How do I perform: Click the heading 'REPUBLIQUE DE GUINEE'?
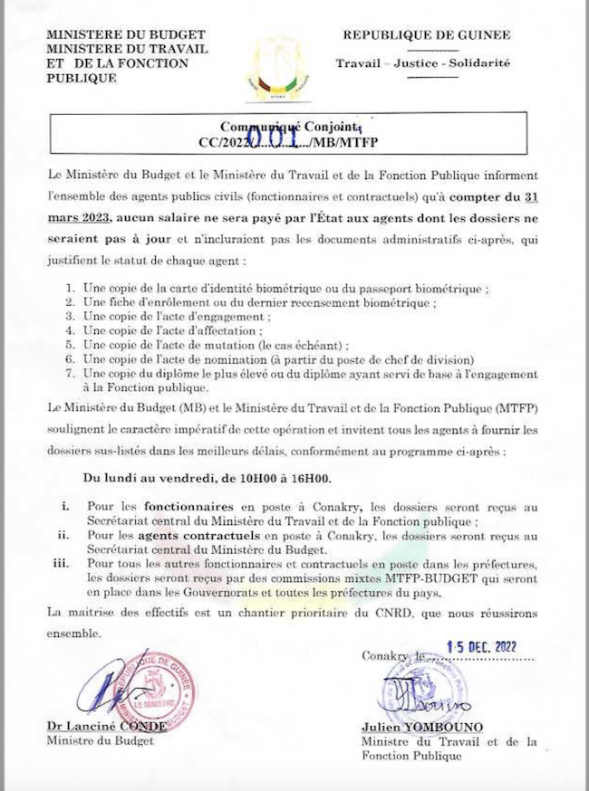click(426, 35)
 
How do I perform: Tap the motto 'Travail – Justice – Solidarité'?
click(422, 63)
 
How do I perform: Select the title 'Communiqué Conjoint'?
click(292, 128)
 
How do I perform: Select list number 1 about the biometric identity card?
click(72, 289)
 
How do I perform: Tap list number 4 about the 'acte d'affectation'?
click(72, 331)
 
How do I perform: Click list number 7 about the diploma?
click(72, 374)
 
